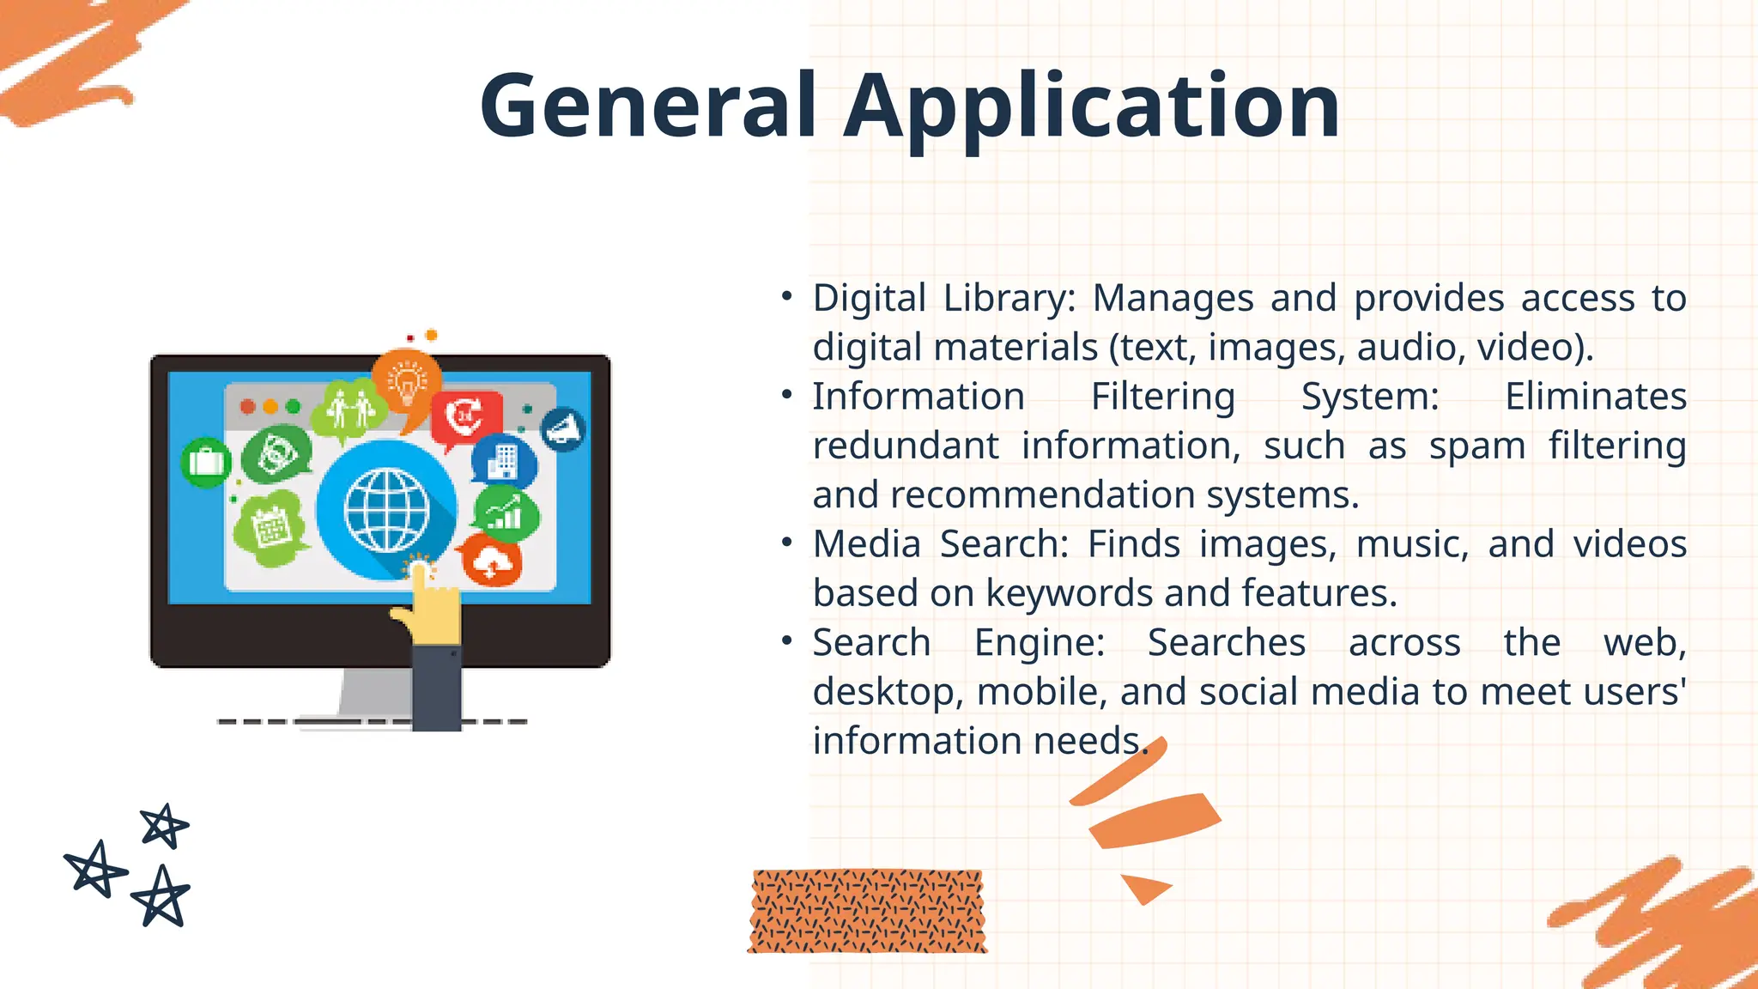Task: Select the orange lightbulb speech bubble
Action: [x=407, y=384]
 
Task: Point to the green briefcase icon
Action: [x=206, y=462]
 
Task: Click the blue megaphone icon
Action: [x=563, y=428]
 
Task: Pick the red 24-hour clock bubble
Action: [x=466, y=417]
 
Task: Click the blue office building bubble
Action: [x=504, y=462]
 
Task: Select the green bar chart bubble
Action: [x=506, y=514]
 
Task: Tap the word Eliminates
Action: [x=1596, y=397]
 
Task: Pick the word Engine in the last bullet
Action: [x=1040, y=643]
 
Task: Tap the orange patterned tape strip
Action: [x=867, y=911]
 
